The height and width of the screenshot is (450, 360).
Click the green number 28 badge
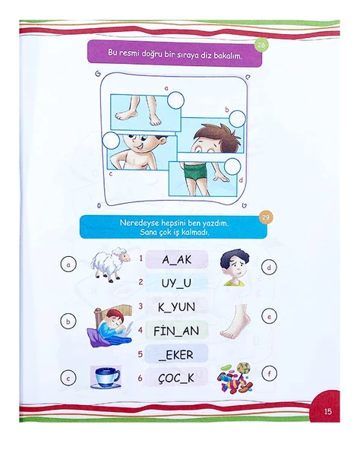coord(261,45)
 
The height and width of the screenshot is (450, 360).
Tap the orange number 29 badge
coord(266,217)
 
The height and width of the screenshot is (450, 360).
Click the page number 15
coord(328,411)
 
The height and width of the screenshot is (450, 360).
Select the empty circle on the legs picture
coord(175,100)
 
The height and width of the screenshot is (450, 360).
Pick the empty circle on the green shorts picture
coord(232,166)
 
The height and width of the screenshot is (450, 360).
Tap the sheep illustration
coord(109,264)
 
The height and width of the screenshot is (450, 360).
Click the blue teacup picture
coord(106,377)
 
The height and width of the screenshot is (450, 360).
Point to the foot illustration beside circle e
coord(235,322)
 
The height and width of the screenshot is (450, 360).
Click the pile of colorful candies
coord(235,378)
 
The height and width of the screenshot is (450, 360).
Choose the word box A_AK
coord(177,259)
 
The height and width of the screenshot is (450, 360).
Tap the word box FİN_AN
coord(176,331)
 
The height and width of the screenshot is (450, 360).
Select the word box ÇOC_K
coord(176,379)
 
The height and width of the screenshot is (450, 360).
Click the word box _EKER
coord(176,354)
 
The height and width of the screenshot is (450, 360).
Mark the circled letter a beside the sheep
coord(68,265)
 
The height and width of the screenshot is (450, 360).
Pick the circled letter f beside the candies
coord(270,374)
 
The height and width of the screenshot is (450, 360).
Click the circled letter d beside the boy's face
coord(269,268)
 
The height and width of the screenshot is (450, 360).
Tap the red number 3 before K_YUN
coord(141,306)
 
